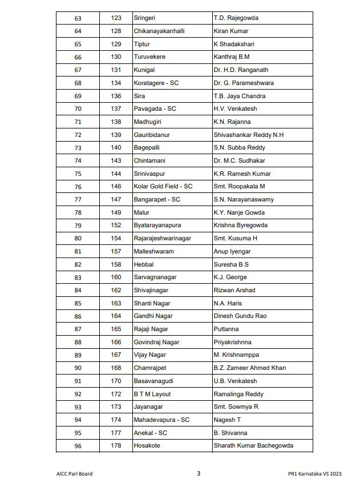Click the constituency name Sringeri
point(144,18)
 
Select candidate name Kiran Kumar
point(231,31)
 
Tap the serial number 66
point(78,57)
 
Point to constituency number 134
point(116,83)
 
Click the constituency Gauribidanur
point(152,135)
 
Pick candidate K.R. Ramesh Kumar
point(242,174)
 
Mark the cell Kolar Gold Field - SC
point(163,186)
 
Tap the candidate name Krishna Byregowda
point(240,225)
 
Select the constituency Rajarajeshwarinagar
point(164,238)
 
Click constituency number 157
point(116,251)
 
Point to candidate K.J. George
point(230,277)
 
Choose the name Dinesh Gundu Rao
point(240,316)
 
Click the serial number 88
point(78,342)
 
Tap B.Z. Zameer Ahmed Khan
point(249,368)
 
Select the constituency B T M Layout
point(152,394)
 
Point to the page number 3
point(199,473)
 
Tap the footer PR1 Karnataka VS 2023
point(315,473)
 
